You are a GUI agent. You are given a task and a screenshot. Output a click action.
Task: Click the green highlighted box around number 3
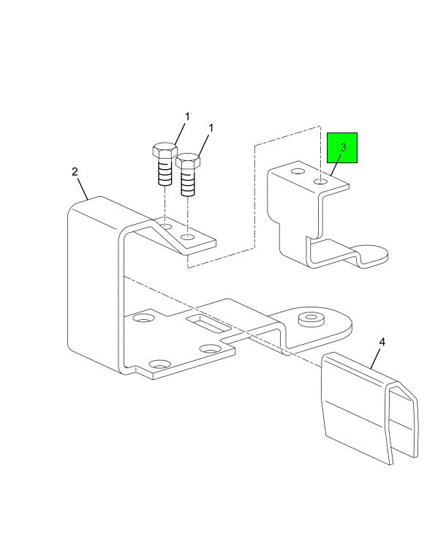click(x=341, y=148)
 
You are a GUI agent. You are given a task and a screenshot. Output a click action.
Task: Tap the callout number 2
click(x=75, y=172)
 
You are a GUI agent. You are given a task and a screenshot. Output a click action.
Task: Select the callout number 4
click(x=382, y=342)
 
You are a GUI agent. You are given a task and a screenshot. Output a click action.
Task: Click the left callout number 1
click(x=187, y=116)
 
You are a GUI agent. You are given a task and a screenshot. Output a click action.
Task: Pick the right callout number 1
click(x=211, y=128)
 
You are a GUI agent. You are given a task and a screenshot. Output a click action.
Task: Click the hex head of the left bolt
click(x=165, y=150)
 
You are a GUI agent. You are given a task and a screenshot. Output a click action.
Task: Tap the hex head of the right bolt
click(x=188, y=161)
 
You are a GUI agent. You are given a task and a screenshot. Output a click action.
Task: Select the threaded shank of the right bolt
click(x=188, y=182)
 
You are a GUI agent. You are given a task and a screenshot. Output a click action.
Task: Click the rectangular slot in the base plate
click(x=208, y=323)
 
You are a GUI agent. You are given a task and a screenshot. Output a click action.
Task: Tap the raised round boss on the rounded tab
click(x=311, y=318)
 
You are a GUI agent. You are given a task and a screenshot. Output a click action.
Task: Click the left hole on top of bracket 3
click(x=298, y=171)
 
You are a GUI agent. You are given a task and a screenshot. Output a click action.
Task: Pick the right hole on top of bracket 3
click(x=320, y=182)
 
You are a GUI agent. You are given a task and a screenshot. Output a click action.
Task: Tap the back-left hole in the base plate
click(x=143, y=318)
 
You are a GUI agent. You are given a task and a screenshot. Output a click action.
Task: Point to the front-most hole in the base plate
click(x=159, y=365)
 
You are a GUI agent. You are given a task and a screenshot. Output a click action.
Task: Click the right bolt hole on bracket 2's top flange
click(x=188, y=236)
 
